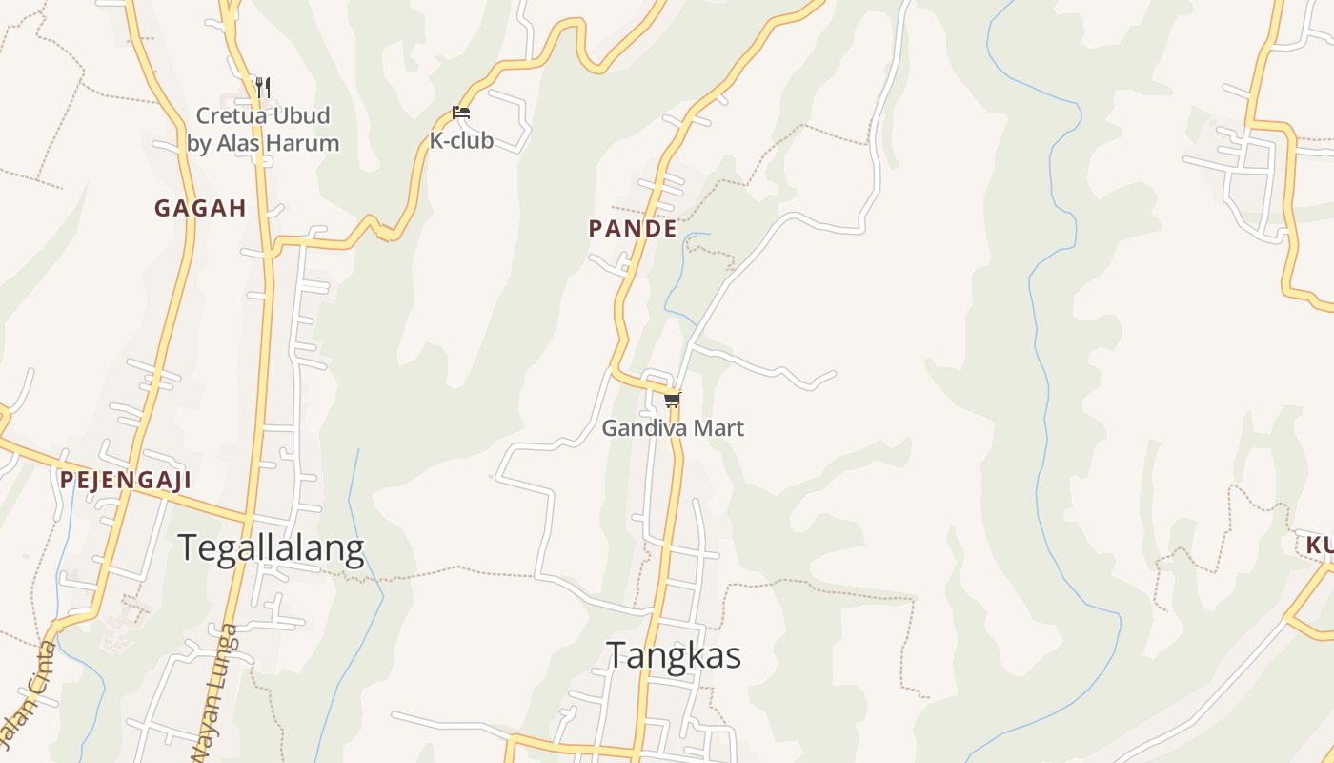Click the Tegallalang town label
click(271, 548)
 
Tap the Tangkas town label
click(674, 655)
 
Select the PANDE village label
click(633, 229)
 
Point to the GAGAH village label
click(200, 208)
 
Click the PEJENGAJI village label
click(126, 480)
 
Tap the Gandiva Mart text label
click(673, 428)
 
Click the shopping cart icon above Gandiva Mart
click(673, 400)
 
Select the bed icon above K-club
click(461, 113)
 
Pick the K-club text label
click(461, 140)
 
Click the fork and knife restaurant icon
click(263, 87)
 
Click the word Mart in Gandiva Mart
click(719, 428)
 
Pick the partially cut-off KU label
click(1320, 546)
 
